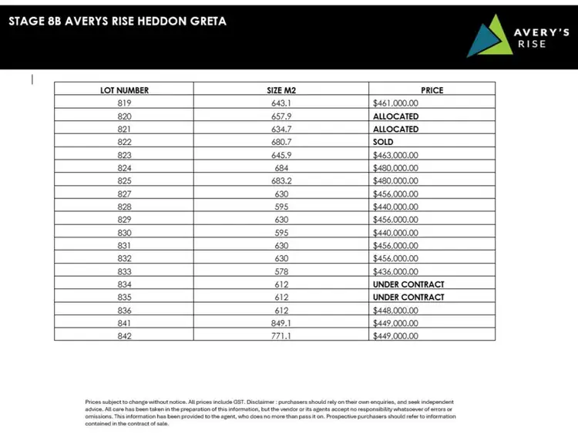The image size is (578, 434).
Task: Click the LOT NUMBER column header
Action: [x=124, y=90]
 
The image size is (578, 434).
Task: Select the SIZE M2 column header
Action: [x=281, y=90]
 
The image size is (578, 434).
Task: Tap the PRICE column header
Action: [x=432, y=90]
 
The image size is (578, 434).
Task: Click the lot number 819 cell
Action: [x=124, y=103]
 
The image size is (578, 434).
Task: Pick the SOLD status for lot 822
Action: [x=383, y=142]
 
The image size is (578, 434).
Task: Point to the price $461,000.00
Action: [x=395, y=103]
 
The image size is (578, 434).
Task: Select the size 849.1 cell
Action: [x=281, y=323]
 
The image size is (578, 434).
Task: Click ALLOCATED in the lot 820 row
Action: [x=395, y=116]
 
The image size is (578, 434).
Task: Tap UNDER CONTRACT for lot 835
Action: [x=408, y=297]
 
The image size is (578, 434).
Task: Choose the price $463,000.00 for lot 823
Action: [x=395, y=155]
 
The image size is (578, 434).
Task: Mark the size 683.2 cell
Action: [x=281, y=180]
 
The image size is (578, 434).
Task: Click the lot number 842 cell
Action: [x=124, y=336]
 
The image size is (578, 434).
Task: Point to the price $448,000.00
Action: [x=395, y=310]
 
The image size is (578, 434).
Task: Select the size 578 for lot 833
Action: [x=281, y=271]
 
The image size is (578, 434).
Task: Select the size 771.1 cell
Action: [x=281, y=336]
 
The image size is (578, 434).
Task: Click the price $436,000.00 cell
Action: [x=395, y=271]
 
